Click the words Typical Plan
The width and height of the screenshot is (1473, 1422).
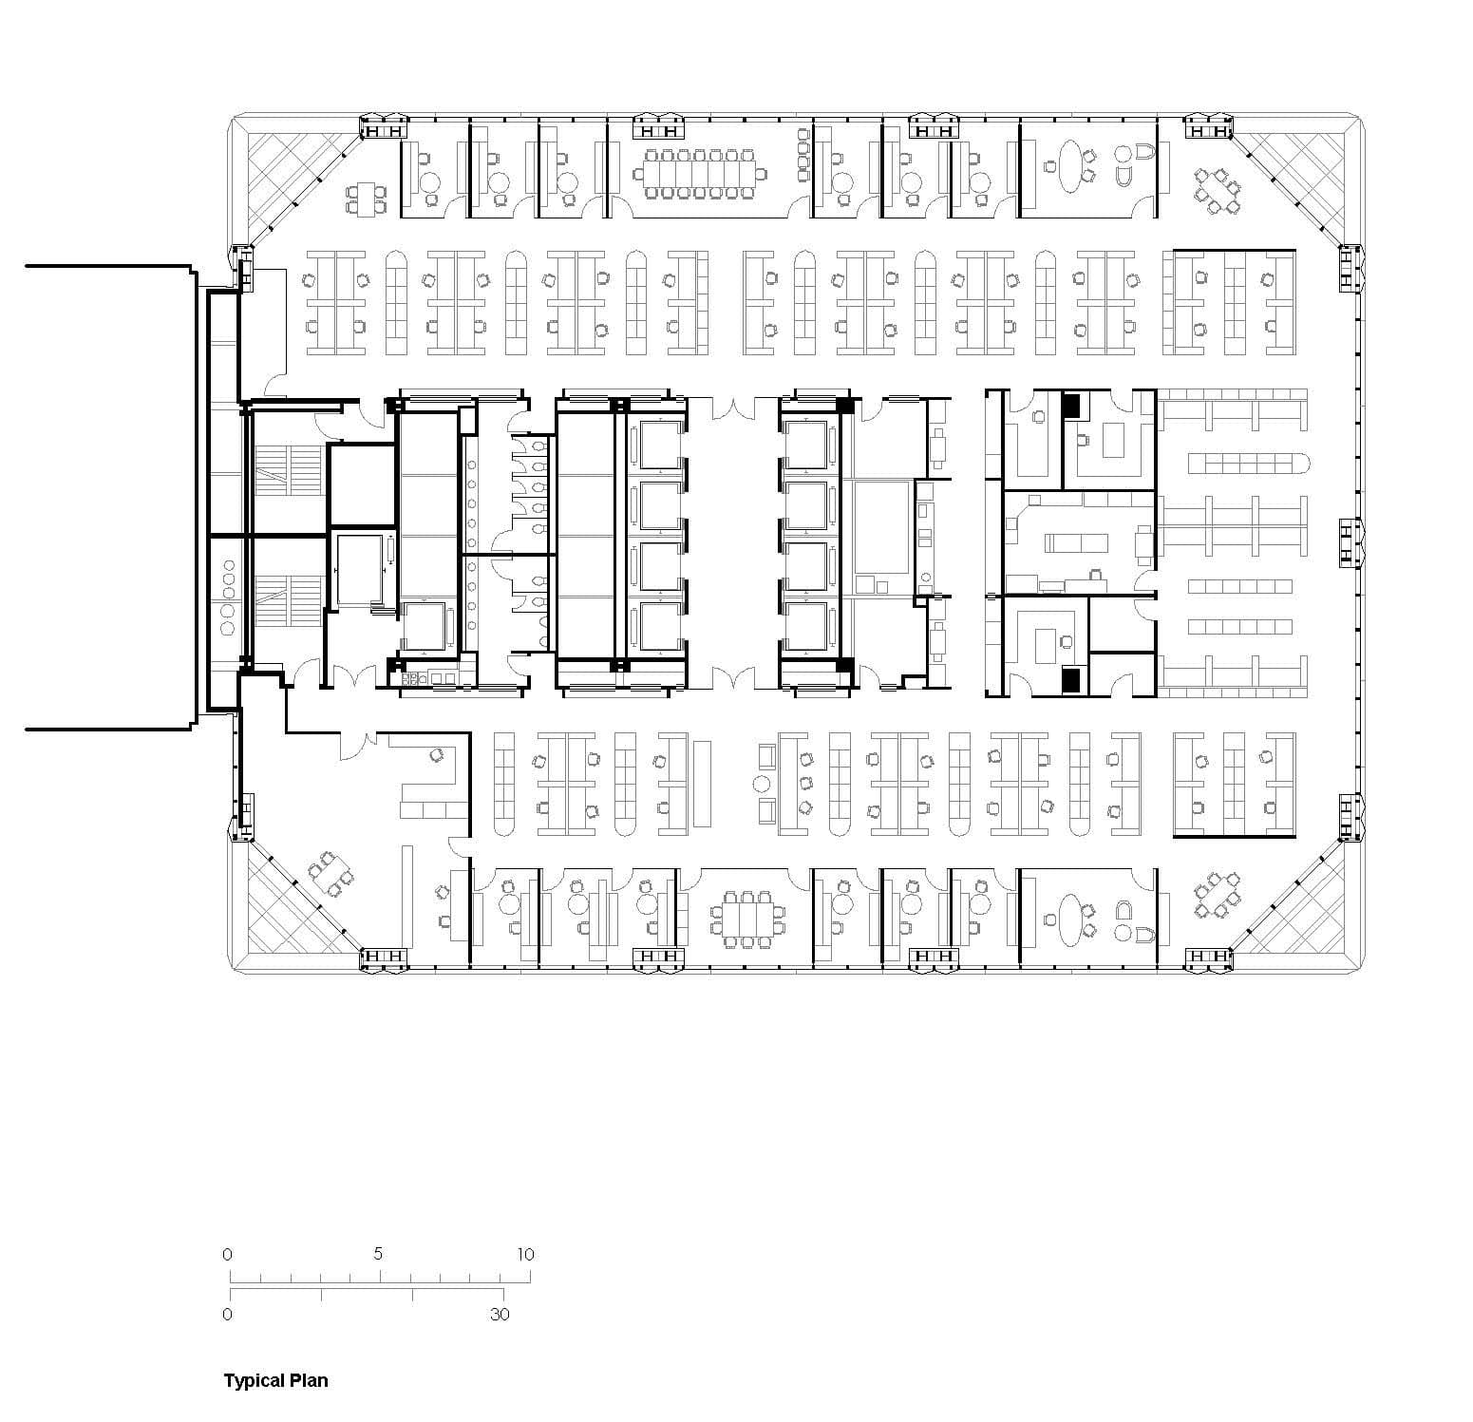click(x=275, y=1380)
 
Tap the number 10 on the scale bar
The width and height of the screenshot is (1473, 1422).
click(x=525, y=1254)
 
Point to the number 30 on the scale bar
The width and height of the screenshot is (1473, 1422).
click(x=500, y=1315)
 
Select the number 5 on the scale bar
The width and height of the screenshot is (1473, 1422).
click(x=378, y=1254)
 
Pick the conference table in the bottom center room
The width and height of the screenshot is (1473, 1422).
click(x=746, y=919)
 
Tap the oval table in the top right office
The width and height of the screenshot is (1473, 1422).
click(x=1069, y=164)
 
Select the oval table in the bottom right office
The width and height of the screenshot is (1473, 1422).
click(x=1069, y=918)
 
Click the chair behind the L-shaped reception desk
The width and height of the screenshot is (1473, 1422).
click(x=437, y=755)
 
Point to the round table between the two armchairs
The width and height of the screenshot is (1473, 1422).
click(x=761, y=784)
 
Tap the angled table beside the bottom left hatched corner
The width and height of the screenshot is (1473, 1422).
click(x=330, y=874)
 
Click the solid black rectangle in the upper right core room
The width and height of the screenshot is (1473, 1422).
click(x=1072, y=406)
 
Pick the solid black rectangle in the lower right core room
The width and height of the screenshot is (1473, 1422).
click(x=1071, y=679)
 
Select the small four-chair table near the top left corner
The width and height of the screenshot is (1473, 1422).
click(x=367, y=199)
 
